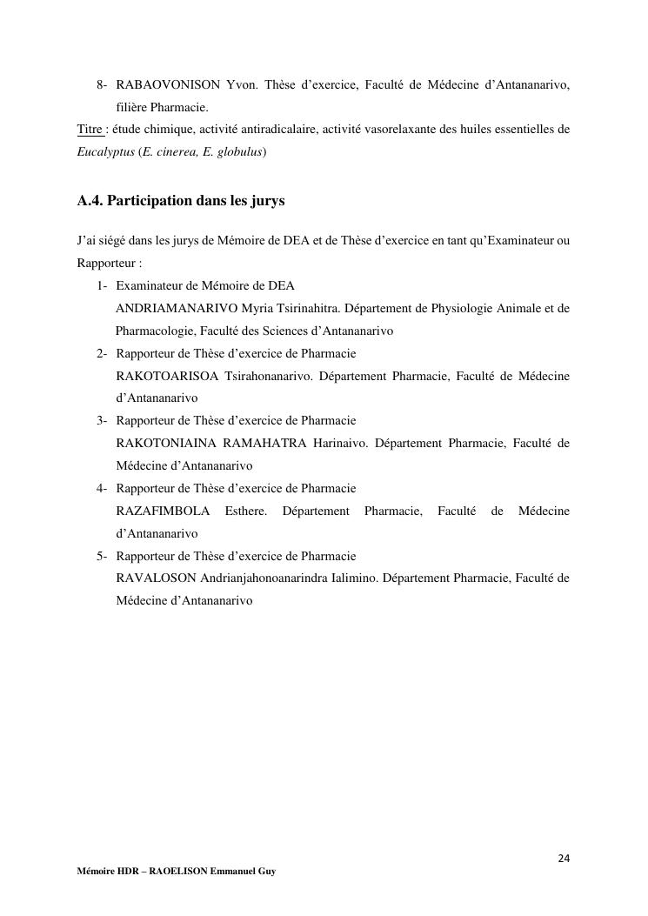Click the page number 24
coord(564,859)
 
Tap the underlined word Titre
coord(90,130)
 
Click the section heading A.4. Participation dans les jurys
coord(181,201)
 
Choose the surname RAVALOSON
coord(156,578)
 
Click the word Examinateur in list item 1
coord(149,285)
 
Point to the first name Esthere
coord(246,511)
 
